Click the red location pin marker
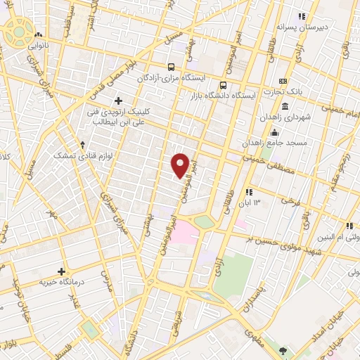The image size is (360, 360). [x=181, y=165]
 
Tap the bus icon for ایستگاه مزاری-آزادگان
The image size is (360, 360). [x=171, y=67]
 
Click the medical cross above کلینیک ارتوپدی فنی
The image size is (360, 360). [x=118, y=101]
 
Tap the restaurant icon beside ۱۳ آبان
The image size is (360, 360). [x=248, y=192]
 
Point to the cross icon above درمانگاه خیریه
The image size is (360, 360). [x=62, y=271]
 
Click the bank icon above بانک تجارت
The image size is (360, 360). [x=283, y=81]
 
